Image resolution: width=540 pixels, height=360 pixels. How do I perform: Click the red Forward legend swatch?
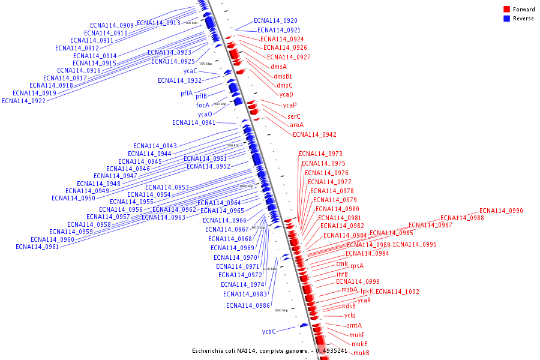pyautogui.click(x=507, y=10)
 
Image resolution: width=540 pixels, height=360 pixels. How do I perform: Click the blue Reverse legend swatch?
pyautogui.click(x=507, y=19)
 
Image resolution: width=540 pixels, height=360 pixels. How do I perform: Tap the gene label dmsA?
pyautogui.click(x=278, y=67)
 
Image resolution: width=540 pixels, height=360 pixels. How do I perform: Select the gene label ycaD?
pyautogui.click(x=286, y=94)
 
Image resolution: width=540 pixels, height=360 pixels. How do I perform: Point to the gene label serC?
pyautogui.click(x=294, y=116)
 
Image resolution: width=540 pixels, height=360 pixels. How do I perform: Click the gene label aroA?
pyautogui.click(x=297, y=125)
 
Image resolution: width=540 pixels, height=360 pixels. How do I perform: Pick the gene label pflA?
pyautogui.click(x=187, y=94)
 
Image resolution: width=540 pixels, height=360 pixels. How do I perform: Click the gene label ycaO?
pyautogui.click(x=205, y=114)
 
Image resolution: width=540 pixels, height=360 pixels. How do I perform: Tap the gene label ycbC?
pyautogui.click(x=269, y=331)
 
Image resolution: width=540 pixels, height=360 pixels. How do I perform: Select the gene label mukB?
pyautogui.click(x=361, y=353)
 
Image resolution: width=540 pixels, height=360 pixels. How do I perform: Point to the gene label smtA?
pyautogui.click(x=355, y=325)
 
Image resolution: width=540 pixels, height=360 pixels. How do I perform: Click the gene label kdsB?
pyautogui.click(x=349, y=306)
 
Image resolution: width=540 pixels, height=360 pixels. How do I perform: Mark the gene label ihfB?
pyautogui.click(x=342, y=274)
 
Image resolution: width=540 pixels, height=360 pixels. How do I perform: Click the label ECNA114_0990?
pyautogui.click(x=501, y=211)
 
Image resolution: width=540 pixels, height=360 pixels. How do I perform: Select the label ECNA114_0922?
pyautogui.click(x=23, y=101)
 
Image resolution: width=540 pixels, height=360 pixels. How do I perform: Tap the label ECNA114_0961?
pyautogui.click(x=37, y=247)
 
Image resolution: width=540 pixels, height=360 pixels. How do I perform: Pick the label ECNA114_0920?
pyautogui.click(x=275, y=21)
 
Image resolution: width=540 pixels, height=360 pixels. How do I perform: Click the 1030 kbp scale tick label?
pyautogui.click(x=281, y=310)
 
